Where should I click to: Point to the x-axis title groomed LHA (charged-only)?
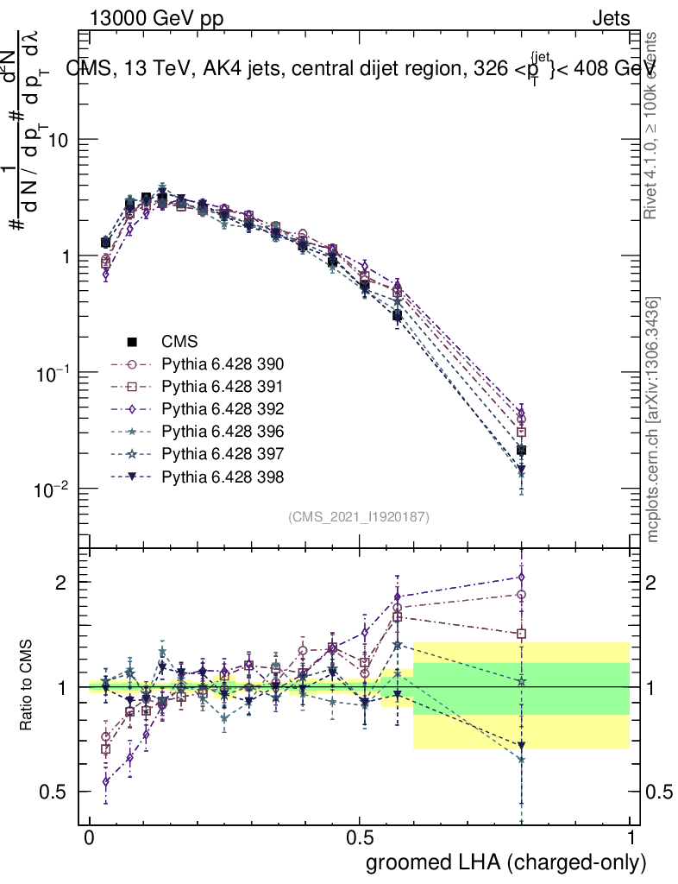506,862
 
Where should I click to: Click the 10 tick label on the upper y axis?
57,140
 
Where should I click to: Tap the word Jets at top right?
611,18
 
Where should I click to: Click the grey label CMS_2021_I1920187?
359,516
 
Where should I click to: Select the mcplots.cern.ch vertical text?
654,420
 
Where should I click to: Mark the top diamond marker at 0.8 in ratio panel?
521,577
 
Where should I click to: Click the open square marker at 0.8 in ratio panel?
521,634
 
